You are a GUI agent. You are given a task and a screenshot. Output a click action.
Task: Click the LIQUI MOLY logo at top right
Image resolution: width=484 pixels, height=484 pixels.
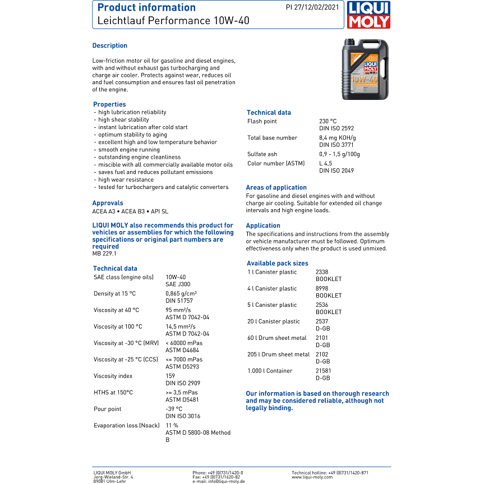pyautogui.click(x=369, y=15)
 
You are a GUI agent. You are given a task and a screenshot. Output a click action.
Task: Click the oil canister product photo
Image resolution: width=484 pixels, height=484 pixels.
pyautogui.click(x=365, y=68)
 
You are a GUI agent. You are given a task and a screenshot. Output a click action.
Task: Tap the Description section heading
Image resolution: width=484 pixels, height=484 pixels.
pyautogui.click(x=110, y=45)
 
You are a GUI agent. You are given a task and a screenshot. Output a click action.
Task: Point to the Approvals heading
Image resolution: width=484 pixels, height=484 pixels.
pyautogui.click(x=108, y=203)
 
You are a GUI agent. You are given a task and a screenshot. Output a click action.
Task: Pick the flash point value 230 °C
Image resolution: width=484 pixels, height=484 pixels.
pyautogui.click(x=328, y=121)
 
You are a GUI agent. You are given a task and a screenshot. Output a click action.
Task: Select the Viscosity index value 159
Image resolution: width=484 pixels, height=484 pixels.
pyautogui.click(x=170, y=376)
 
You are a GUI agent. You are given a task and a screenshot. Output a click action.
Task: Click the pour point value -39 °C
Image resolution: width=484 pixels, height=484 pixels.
pyautogui.click(x=174, y=409)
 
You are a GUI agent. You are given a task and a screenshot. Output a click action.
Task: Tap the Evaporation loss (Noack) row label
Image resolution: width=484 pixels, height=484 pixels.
pyautogui.click(x=127, y=425)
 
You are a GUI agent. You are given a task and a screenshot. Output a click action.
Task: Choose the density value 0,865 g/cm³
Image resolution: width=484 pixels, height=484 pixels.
pyautogui.click(x=181, y=293)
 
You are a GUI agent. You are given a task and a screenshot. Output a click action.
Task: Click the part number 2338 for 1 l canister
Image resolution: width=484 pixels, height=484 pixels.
pyautogui.click(x=322, y=271)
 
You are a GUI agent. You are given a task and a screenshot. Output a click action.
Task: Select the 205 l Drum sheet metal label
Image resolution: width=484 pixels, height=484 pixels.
pyautogui.click(x=278, y=354)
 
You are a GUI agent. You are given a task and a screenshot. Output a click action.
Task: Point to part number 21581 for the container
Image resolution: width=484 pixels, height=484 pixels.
pyautogui.click(x=324, y=371)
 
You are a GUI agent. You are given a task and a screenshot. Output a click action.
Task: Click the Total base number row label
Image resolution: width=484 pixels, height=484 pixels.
pyautogui.click(x=272, y=137)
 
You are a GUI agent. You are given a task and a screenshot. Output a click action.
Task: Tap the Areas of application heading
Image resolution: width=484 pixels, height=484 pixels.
pyautogui.click(x=276, y=187)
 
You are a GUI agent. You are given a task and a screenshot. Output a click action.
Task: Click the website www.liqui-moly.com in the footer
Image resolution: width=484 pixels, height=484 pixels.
pyautogui.click(x=312, y=477)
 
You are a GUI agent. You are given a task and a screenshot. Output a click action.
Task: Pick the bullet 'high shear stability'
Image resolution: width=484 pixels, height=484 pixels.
pyautogui.click(x=123, y=119)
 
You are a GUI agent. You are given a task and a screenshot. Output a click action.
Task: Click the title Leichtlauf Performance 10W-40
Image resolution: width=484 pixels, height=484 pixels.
pyautogui.click(x=173, y=21)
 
